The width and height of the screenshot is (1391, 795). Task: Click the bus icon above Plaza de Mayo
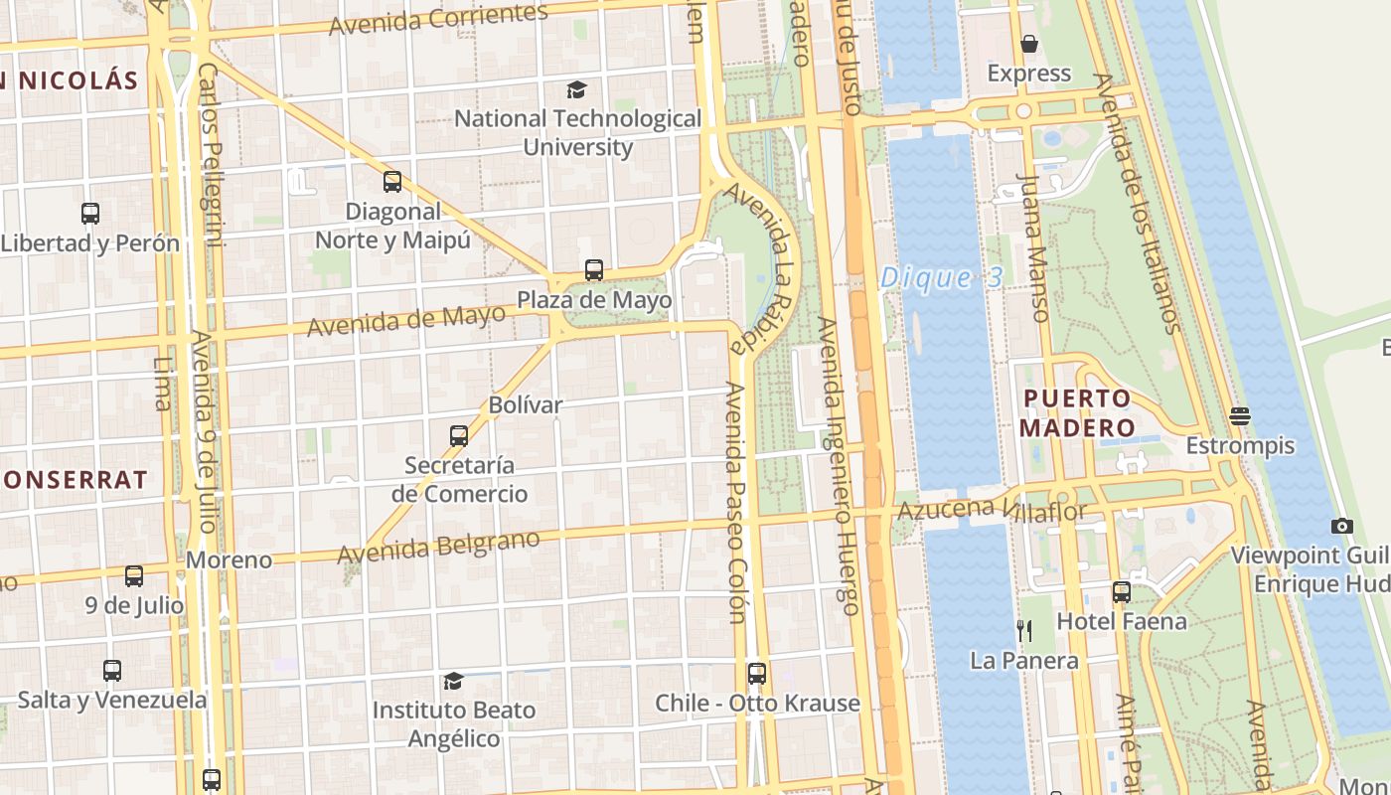(594, 269)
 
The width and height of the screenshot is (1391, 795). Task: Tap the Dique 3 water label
(941, 277)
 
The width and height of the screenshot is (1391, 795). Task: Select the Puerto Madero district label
(1077, 413)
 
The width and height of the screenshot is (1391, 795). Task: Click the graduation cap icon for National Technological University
(577, 90)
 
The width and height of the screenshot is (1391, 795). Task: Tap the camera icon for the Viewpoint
(1342, 526)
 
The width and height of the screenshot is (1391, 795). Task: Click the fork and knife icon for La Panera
(1024, 630)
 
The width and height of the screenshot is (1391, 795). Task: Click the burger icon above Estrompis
(1239, 414)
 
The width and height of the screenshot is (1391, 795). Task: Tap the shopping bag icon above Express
(1029, 44)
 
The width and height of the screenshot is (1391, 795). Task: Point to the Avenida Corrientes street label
(438, 20)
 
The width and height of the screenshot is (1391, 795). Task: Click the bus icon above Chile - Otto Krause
(757, 673)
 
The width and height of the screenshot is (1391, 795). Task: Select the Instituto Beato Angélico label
(454, 724)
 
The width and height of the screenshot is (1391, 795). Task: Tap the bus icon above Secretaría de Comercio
(459, 435)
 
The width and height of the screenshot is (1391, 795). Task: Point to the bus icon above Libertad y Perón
(90, 213)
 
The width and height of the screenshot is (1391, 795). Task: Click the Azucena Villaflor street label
(992, 511)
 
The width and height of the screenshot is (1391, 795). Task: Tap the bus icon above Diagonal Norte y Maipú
(392, 181)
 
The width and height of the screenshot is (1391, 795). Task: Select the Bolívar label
(525, 405)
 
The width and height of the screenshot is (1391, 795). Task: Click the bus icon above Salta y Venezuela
(112, 671)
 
